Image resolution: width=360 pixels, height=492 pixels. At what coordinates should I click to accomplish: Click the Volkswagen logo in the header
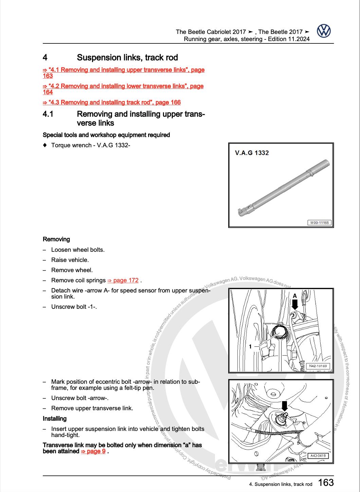pyautogui.click(x=324, y=32)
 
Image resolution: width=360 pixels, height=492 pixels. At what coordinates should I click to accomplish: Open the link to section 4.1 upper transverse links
pyautogui.click(x=124, y=70)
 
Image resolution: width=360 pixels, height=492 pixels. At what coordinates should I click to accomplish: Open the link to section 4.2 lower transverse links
pyautogui.click(x=123, y=86)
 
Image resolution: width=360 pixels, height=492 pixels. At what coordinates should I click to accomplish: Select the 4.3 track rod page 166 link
pyautogui.click(x=112, y=102)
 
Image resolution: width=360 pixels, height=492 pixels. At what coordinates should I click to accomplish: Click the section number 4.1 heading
pyautogui.click(x=48, y=114)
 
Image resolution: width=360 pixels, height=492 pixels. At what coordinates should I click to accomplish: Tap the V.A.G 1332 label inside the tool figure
pyautogui.click(x=252, y=153)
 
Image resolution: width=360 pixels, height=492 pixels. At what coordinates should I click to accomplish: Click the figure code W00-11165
pyautogui.click(x=319, y=223)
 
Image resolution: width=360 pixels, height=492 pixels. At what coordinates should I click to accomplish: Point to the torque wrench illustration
pyautogui.click(x=283, y=189)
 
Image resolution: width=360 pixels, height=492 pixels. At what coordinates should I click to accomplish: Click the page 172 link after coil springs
pyautogui.click(x=123, y=280)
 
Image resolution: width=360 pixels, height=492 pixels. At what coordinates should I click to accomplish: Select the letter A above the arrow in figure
pyautogui.click(x=294, y=296)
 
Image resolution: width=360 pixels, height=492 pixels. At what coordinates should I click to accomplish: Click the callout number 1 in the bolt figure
pyautogui.click(x=250, y=346)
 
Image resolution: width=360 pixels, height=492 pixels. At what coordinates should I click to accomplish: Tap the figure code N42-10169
pyautogui.click(x=318, y=366)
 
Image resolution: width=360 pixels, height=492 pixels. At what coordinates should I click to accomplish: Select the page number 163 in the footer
pyautogui.click(x=326, y=482)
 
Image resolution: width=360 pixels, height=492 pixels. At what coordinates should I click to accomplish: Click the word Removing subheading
pyautogui.click(x=56, y=239)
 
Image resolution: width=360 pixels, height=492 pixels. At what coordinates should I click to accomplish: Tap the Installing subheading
pyautogui.click(x=55, y=419)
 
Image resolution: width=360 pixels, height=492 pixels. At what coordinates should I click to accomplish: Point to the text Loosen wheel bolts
pyautogui.click(x=78, y=250)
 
